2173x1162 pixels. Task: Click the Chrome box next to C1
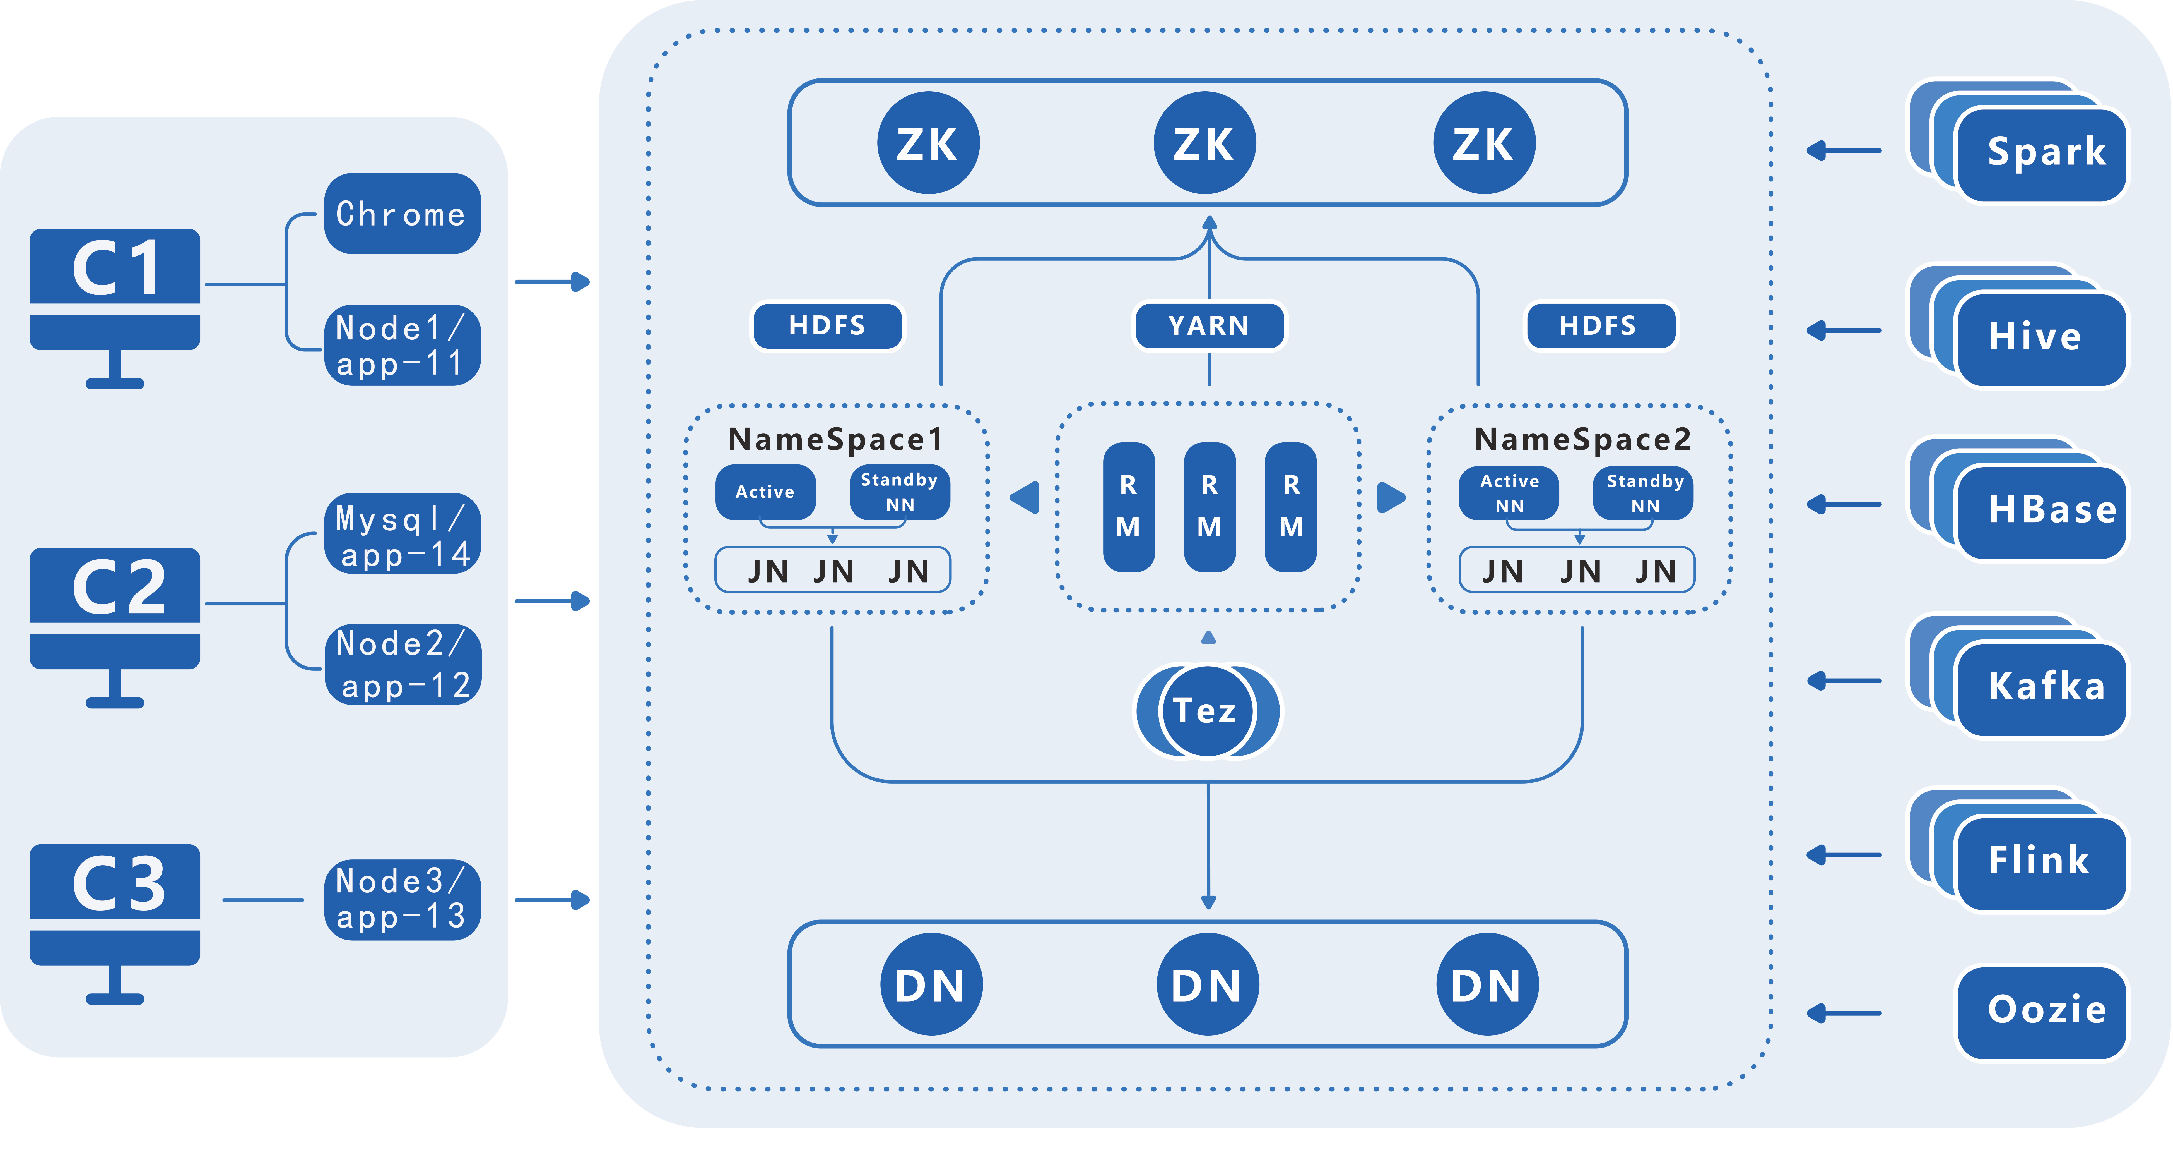(402, 214)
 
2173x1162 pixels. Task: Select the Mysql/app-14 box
(402, 533)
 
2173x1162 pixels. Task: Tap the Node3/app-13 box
(402, 900)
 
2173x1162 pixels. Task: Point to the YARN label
(1209, 326)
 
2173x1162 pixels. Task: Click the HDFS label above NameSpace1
(827, 326)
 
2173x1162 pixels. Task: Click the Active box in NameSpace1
(765, 492)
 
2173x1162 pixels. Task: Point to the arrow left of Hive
(1844, 330)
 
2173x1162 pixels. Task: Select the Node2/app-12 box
(402, 664)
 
